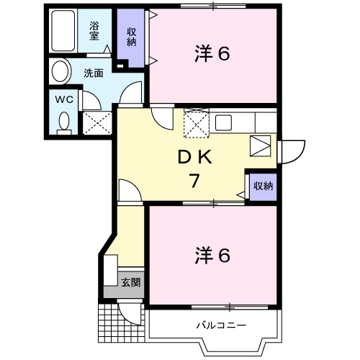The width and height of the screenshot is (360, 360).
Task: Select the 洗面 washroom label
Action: [x=93, y=73]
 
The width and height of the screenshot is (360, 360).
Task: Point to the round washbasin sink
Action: [x=60, y=71]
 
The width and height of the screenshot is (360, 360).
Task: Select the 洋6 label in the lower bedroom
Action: [x=212, y=256]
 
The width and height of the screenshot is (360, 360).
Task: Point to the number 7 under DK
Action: [x=194, y=181]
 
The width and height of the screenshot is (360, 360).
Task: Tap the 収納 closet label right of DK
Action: [x=262, y=186]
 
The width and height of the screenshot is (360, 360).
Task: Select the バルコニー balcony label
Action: [x=221, y=325]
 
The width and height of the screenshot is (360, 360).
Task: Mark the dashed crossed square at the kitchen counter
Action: [x=195, y=122]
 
